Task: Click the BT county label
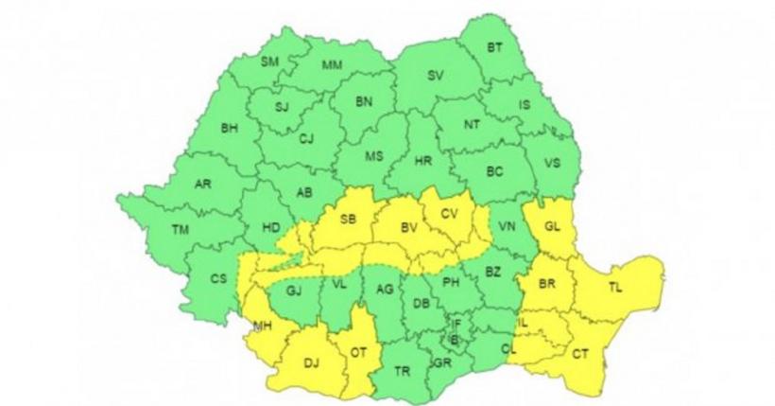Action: tap(494, 47)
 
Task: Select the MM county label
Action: tap(332, 64)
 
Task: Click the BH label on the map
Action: tap(230, 127)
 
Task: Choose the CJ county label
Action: tap(305, 139)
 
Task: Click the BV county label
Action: tap(408, 228)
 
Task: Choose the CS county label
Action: tap(218, 278)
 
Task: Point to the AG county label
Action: tap(384, 290)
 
